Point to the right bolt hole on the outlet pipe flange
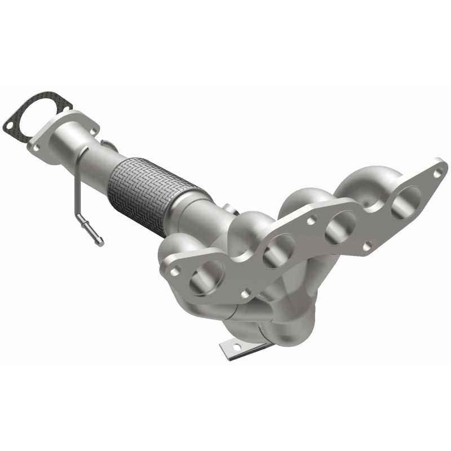[90, 125]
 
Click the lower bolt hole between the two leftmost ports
[245, 293]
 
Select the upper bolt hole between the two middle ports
[309, 222]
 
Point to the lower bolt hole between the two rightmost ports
[367, 246]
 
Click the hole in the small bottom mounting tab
[229, 350]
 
